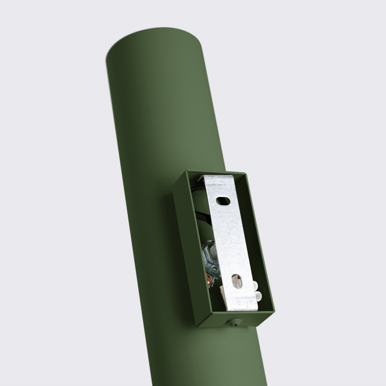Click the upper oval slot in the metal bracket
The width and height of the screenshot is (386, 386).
(223, 200)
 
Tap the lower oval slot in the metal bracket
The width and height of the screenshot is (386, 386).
(237, 281)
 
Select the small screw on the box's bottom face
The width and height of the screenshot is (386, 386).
(236, 323)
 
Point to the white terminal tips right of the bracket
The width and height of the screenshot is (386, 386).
(256, 291)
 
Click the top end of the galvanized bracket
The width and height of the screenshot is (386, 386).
(219, 180)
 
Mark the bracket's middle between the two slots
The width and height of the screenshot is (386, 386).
(230, 241)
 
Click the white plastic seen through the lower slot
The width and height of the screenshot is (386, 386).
(237, 282)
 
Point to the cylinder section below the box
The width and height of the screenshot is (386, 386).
(236, 359)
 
